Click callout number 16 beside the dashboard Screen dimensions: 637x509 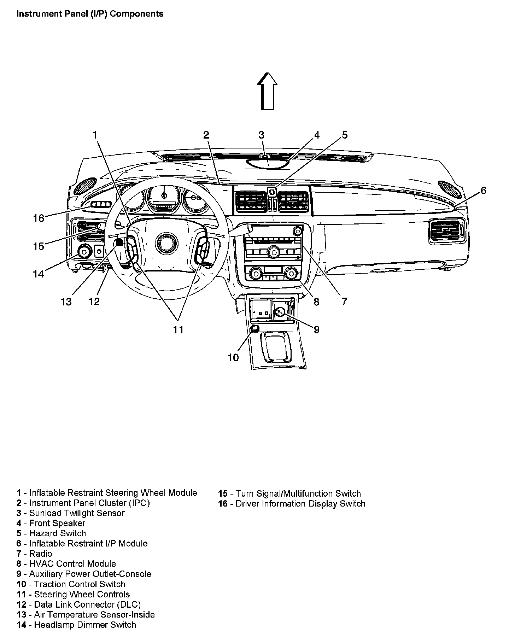tap(39, 218)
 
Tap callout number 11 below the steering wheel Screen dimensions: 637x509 tap(178, 329)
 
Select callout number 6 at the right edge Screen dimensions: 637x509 tap(483, 191)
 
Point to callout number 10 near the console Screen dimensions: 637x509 tap(233, 358)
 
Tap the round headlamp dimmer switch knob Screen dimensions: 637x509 tap(84, 252)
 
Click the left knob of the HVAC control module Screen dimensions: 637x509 tap(254, 273)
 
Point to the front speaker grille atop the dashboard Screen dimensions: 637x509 tap(268, 163)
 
